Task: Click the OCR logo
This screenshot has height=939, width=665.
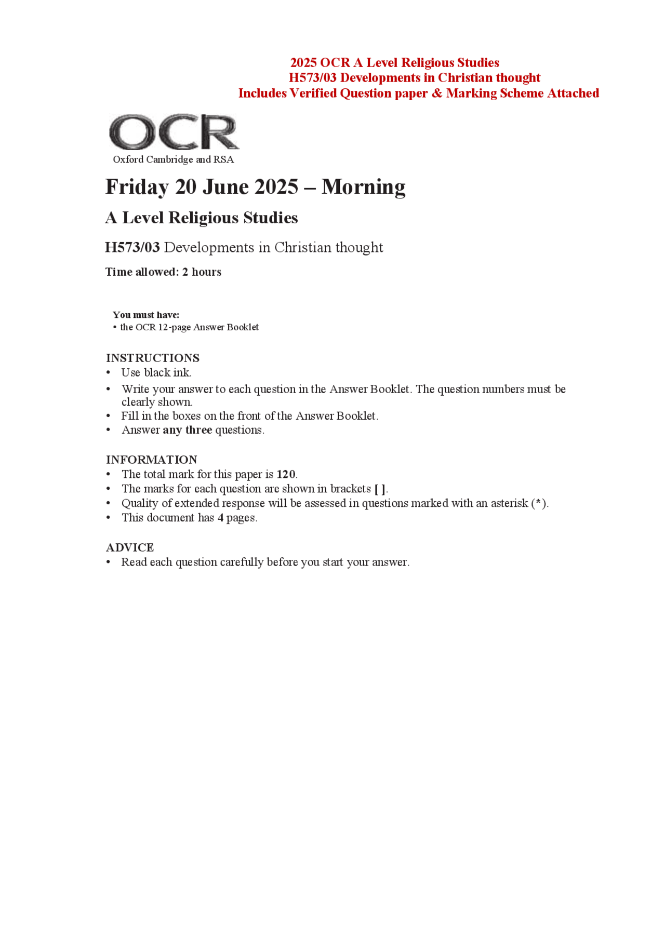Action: pyautogui.click(x=174, y=132)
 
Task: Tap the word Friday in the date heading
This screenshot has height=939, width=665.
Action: pyautogui.click(x=137, y=187)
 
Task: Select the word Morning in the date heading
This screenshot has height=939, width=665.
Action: pyautogui.click(x=363, y=187)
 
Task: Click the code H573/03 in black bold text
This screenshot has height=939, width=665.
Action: pyautogui.click(x=132, y=247)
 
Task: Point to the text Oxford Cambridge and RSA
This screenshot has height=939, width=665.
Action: pyautogui.click(x=173, y=159)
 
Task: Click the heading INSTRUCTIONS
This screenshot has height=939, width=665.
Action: pyautogui.click(x=153, y=358)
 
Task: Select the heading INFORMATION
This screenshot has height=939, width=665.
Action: pyautogui.click(x=152, y=460)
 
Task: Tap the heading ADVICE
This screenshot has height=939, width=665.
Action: pyautogui.click(x=130, y=547)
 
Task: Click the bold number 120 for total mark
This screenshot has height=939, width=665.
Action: pyautogui.click(x=286, y=474)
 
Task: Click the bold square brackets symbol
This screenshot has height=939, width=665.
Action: pyautogui.click(x=380, y=489)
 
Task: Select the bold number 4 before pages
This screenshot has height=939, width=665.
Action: pyautogui.click(x=220, y=518)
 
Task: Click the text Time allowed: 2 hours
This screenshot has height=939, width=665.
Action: pyautogui.click(x=163, y=272)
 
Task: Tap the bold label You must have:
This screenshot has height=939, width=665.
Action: pyautogui.click(x=146, y=315)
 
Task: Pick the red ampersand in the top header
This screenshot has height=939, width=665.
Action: pyautogui.click(x=436, y=93)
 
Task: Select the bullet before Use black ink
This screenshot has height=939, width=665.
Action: pyautogui.click(x=108, y=372)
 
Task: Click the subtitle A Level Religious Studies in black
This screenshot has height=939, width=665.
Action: pyautogui.click(x=202, y=218)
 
